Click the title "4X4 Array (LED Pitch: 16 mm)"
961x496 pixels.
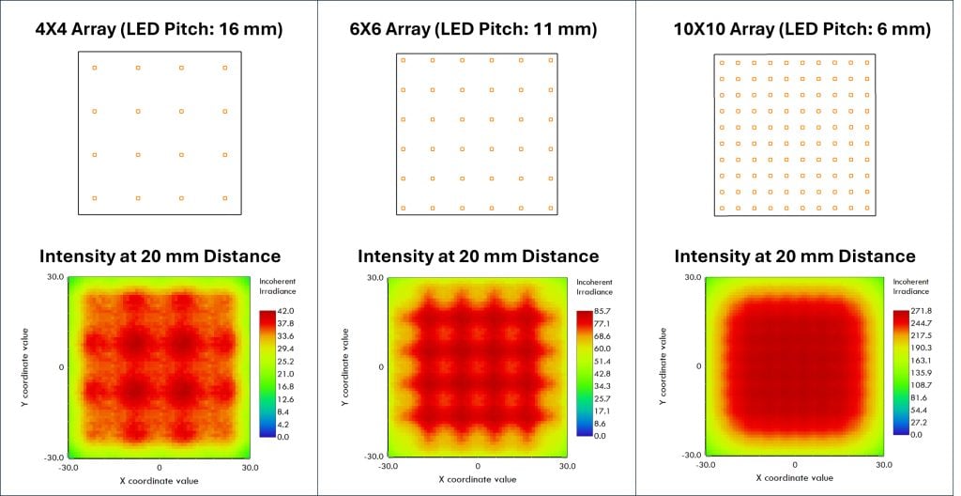(x=160, y=29)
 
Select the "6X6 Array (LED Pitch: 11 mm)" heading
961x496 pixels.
(x=473, y=29)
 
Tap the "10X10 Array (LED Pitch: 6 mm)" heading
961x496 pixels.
(x=795, y=29)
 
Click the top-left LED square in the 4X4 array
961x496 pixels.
(x=95, y=68)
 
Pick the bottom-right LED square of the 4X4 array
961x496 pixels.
(x=225, y=198)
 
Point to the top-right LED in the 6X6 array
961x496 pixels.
(x=550, y=60)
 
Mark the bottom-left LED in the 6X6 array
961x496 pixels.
(x=403, y=209)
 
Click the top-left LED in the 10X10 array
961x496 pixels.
(x=722, y=63)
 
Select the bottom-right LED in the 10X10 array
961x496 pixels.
(x=866, y=209)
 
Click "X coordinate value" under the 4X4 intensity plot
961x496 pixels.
(x=160, y=481)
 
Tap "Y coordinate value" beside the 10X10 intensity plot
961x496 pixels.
(x=663, y=366)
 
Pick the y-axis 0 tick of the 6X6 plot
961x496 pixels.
(x=382, y=367)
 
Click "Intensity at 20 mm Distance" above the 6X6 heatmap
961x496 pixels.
(x=478, y=256)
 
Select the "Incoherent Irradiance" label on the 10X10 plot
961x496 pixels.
(x=910, y=287)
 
